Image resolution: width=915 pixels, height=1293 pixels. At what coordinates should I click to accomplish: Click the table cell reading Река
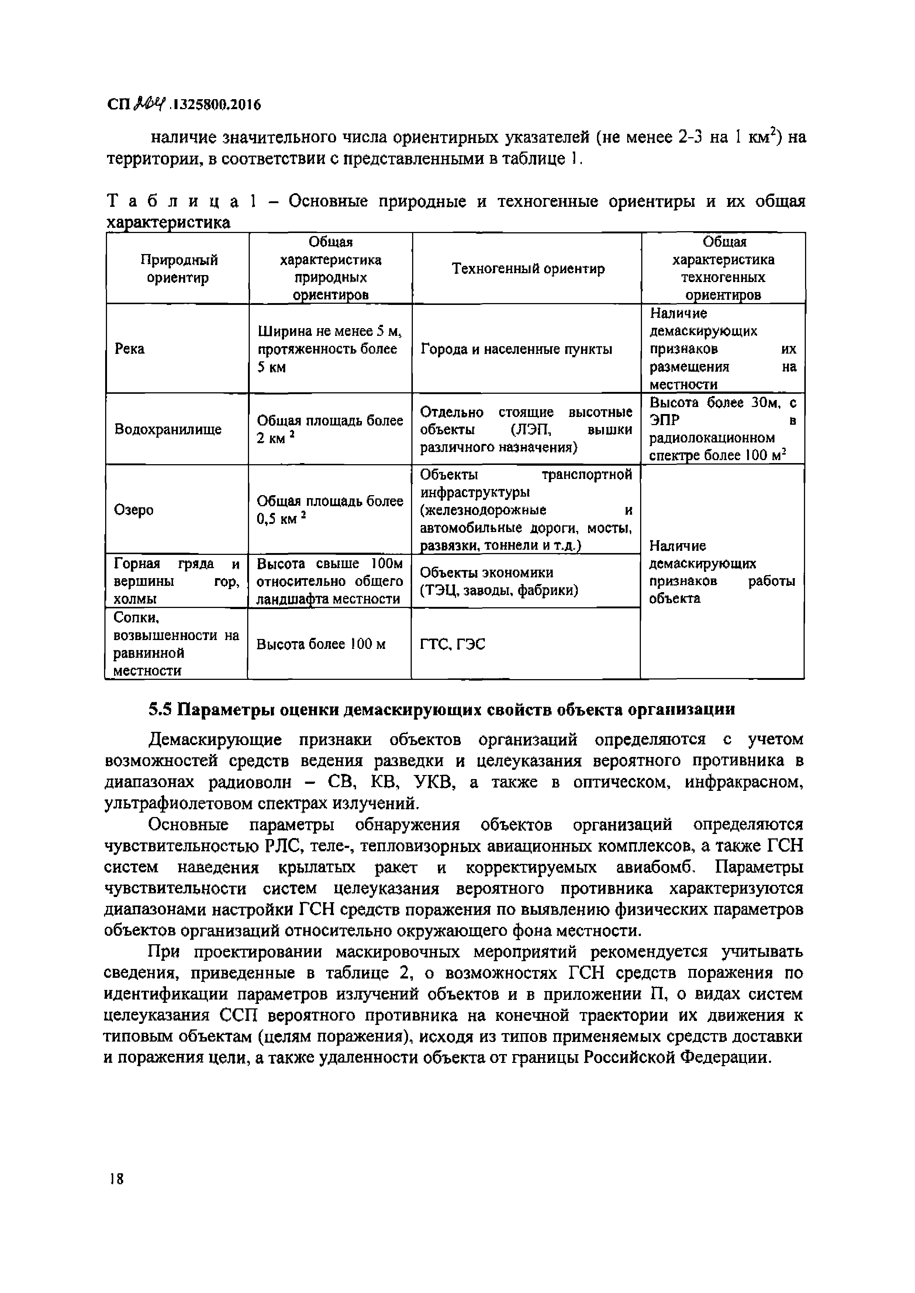click(130, 349)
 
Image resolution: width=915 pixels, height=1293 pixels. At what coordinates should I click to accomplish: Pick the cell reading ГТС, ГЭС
click(452, 644)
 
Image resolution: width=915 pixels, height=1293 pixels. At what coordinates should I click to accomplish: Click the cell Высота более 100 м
click(321, 644)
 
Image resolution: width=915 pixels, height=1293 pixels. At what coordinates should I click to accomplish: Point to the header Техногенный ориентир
click(528, 269)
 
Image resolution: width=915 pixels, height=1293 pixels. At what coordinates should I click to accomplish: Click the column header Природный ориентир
click(179, 269)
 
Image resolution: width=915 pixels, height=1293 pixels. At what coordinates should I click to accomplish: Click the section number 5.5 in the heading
click(160, 710)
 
